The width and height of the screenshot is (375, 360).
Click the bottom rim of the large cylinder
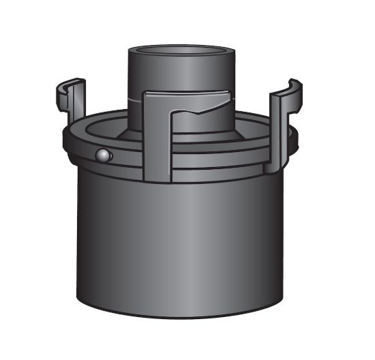click(x=181, y=315)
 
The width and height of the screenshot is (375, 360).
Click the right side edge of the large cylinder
click(x=283, y=239)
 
